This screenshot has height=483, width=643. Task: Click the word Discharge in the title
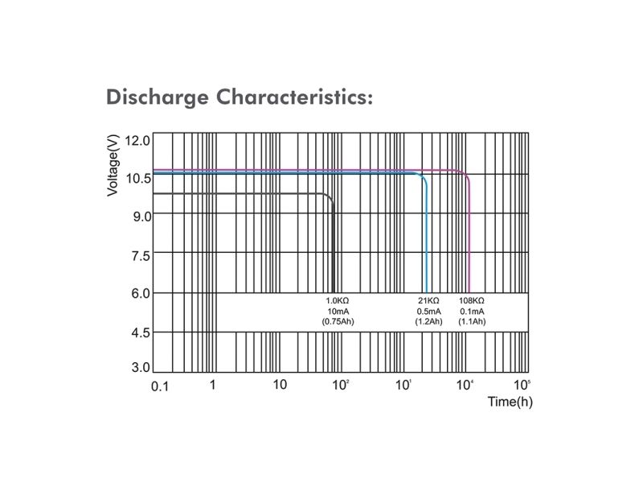click(157, 97)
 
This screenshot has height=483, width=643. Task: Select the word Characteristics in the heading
click(294, 97)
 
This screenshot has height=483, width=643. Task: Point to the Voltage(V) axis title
click(113, 166)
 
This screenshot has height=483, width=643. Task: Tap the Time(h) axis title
click(510, 401)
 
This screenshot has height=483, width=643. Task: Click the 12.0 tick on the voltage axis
click(137, 141)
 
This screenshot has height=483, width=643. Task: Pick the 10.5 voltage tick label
click(138, 178)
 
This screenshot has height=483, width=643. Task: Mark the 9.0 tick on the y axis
click(142, 217)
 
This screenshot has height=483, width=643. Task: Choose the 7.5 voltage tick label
click(141, 256)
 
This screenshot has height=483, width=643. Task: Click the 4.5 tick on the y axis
click(141, 332)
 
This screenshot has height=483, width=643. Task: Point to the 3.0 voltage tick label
click(141, 367)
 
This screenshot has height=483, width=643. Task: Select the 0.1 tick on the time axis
click(160, 386)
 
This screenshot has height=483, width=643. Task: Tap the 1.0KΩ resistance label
click(338, 300)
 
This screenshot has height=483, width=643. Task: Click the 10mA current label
click(338, 312)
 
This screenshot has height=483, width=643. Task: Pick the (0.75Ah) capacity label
click(338, 321)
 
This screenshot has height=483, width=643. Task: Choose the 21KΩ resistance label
click(428, 300)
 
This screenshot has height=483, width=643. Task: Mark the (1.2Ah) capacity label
click(428, 321)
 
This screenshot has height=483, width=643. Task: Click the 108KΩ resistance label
click(472, 300)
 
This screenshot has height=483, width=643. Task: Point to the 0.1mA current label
click(472, 312)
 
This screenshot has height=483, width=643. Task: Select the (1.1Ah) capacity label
click(472, 321)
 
